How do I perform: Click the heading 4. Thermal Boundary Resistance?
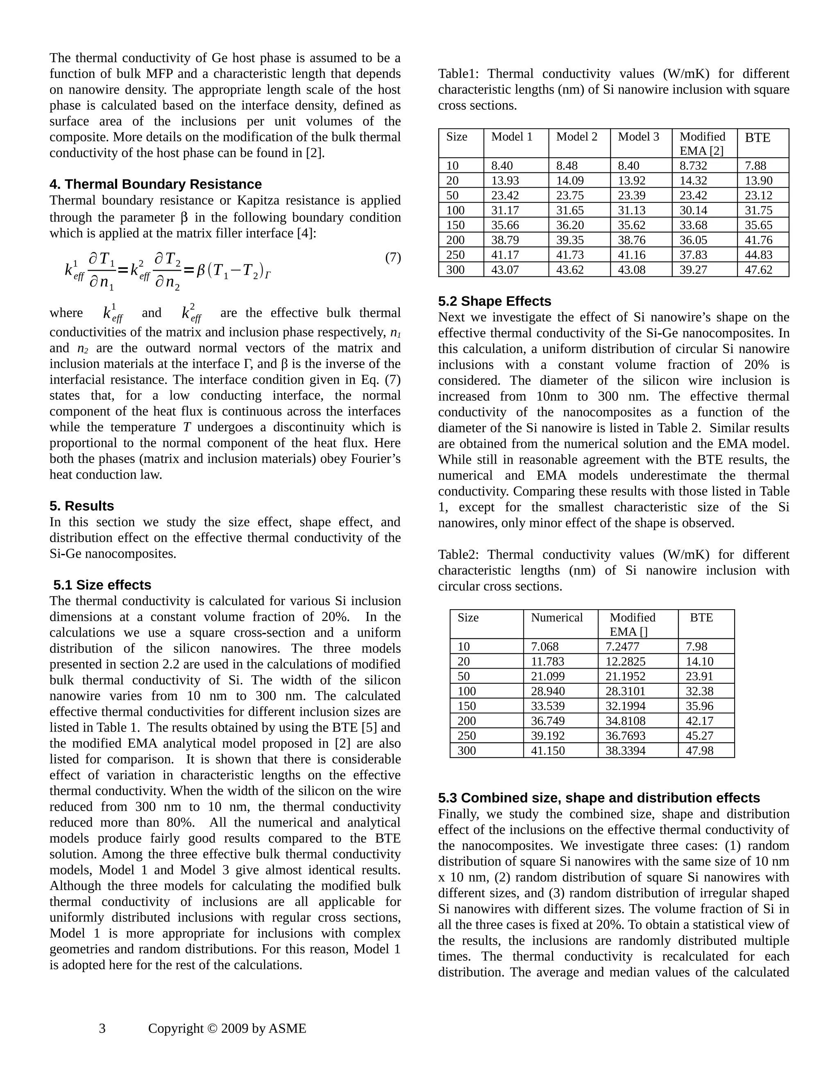click(x=155, y=184)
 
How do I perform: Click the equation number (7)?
click(x=392, y=258)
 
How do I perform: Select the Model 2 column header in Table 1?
click(x=576, y=137)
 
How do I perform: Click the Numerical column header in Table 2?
click(x=556, y=617)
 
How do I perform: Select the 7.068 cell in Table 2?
click(x=544, y=646)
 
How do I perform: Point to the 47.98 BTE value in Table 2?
click(x=699, y=750)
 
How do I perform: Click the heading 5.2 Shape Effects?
click(x=494, y=302)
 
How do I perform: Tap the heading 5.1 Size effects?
click(x=102, y=585)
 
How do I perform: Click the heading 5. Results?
click(x=82, y=506)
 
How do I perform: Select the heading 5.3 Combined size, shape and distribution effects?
click(x=599, y=798)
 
